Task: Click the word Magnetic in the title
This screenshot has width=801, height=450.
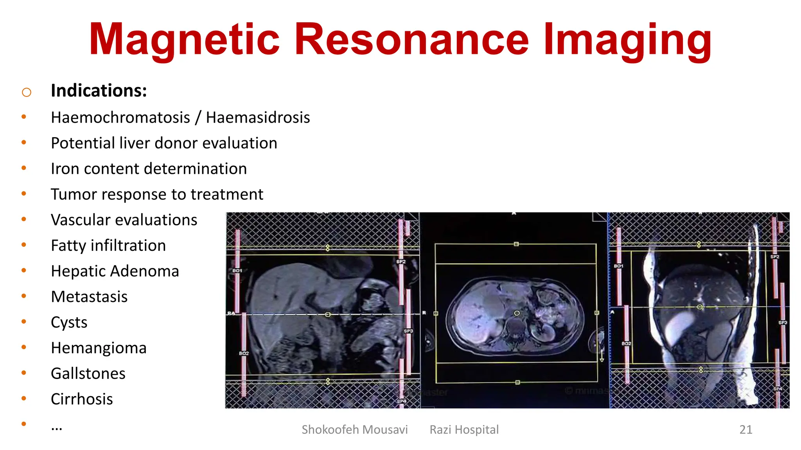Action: coord(184,39)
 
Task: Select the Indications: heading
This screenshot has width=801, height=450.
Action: coord(99,91)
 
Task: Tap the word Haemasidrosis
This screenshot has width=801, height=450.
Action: coord(258,118)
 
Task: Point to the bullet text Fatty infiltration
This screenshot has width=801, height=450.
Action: coord(108,246)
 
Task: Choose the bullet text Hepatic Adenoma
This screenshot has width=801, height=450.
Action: coord(115,271)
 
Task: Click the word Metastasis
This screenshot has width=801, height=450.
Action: coord(89,297)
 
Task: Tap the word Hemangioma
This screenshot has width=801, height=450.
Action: coord(99,348)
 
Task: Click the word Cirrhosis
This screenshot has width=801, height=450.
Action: coord(82,399)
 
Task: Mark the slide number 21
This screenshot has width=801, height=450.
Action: coord(745,430)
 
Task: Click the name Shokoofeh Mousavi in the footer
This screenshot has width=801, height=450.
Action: coord(354,430)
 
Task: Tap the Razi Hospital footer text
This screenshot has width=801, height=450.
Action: coord(464,430)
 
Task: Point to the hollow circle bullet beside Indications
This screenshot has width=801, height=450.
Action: coord(27,93)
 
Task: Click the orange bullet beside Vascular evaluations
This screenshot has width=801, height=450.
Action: coord(24,220)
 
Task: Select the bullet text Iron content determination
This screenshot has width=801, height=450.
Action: coord(149,169)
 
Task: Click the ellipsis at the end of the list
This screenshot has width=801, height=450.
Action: coord(57,428)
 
